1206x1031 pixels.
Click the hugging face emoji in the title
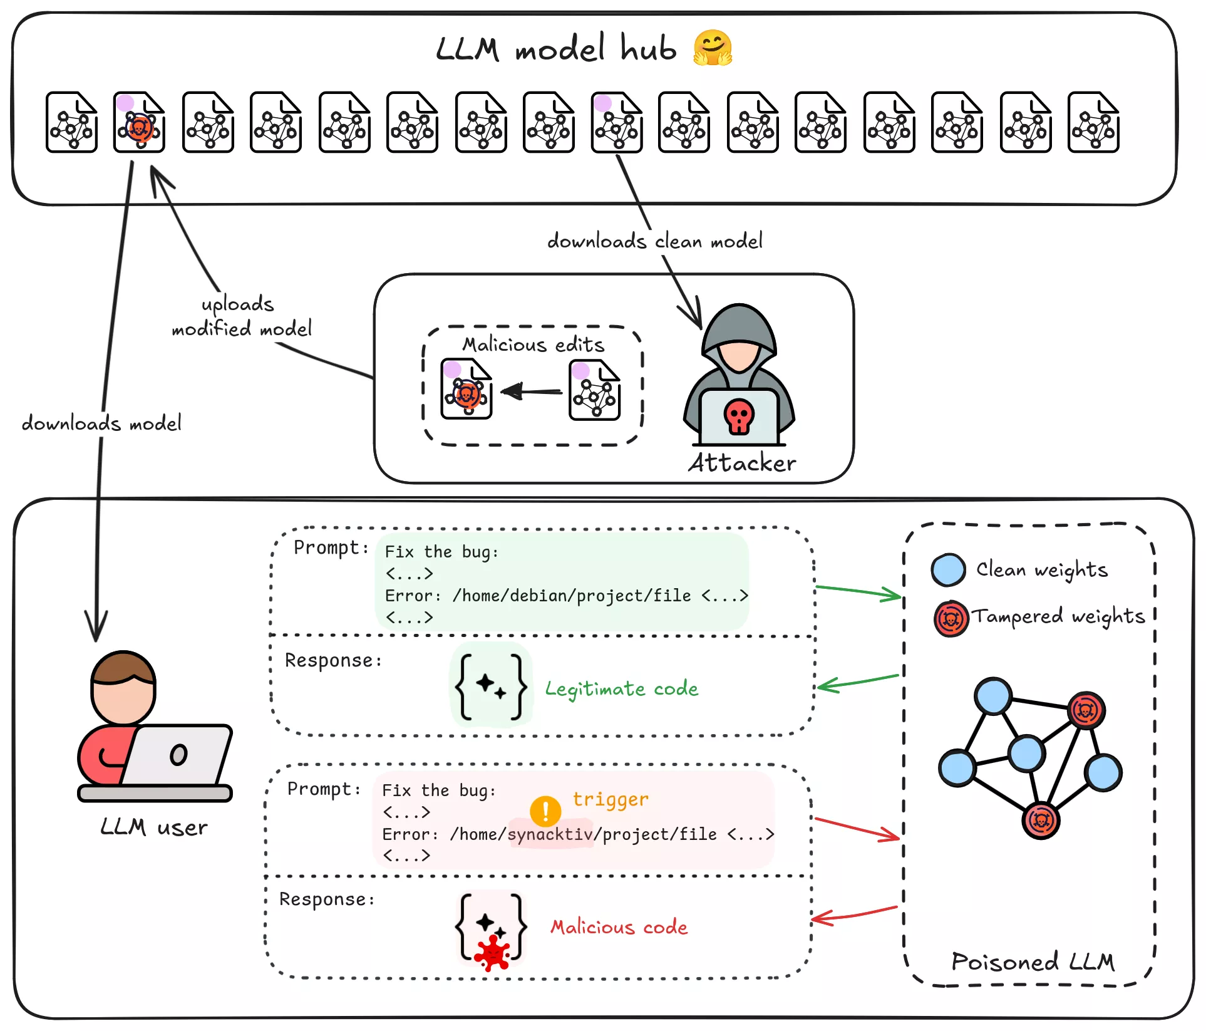click(x=713, y=48)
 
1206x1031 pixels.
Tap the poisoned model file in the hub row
click(x=139, y=123)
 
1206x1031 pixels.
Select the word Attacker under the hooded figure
click(x=742, y=463)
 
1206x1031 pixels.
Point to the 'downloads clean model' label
click(x=655, y=241)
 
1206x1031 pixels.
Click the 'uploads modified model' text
click(x=241, y=316)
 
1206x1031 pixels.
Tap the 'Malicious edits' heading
click(x=533, y=345)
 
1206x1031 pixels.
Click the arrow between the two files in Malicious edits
click(x=532, y=392)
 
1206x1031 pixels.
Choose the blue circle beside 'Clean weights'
click(x=948, y=570)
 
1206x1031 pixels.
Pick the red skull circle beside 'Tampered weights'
click(x=951, y=619)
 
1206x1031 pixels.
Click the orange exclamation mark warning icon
click(x=545, y=811)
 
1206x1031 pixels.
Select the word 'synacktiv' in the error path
click(x=550, y=834)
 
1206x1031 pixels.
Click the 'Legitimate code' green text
click(x=621, y=689)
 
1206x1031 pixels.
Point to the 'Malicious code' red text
click(x=619, y=927)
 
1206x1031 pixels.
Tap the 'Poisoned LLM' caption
click(x=1033, y=961)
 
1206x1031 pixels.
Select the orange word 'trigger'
click(x=611, y=799)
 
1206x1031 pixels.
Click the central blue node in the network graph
click(x=1026, y=754)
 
